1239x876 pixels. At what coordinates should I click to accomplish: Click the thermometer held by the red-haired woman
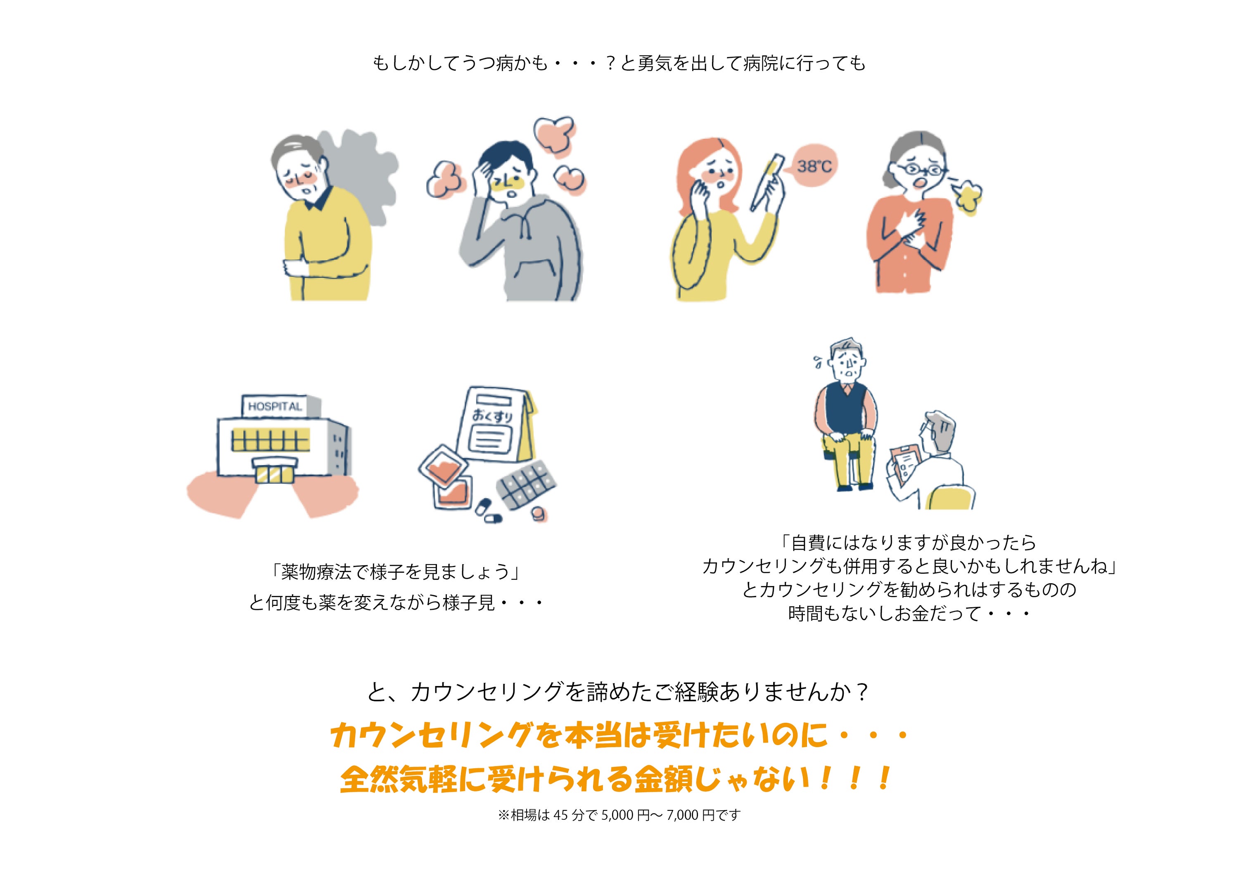766,182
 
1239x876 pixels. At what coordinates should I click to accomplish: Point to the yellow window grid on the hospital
271,439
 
